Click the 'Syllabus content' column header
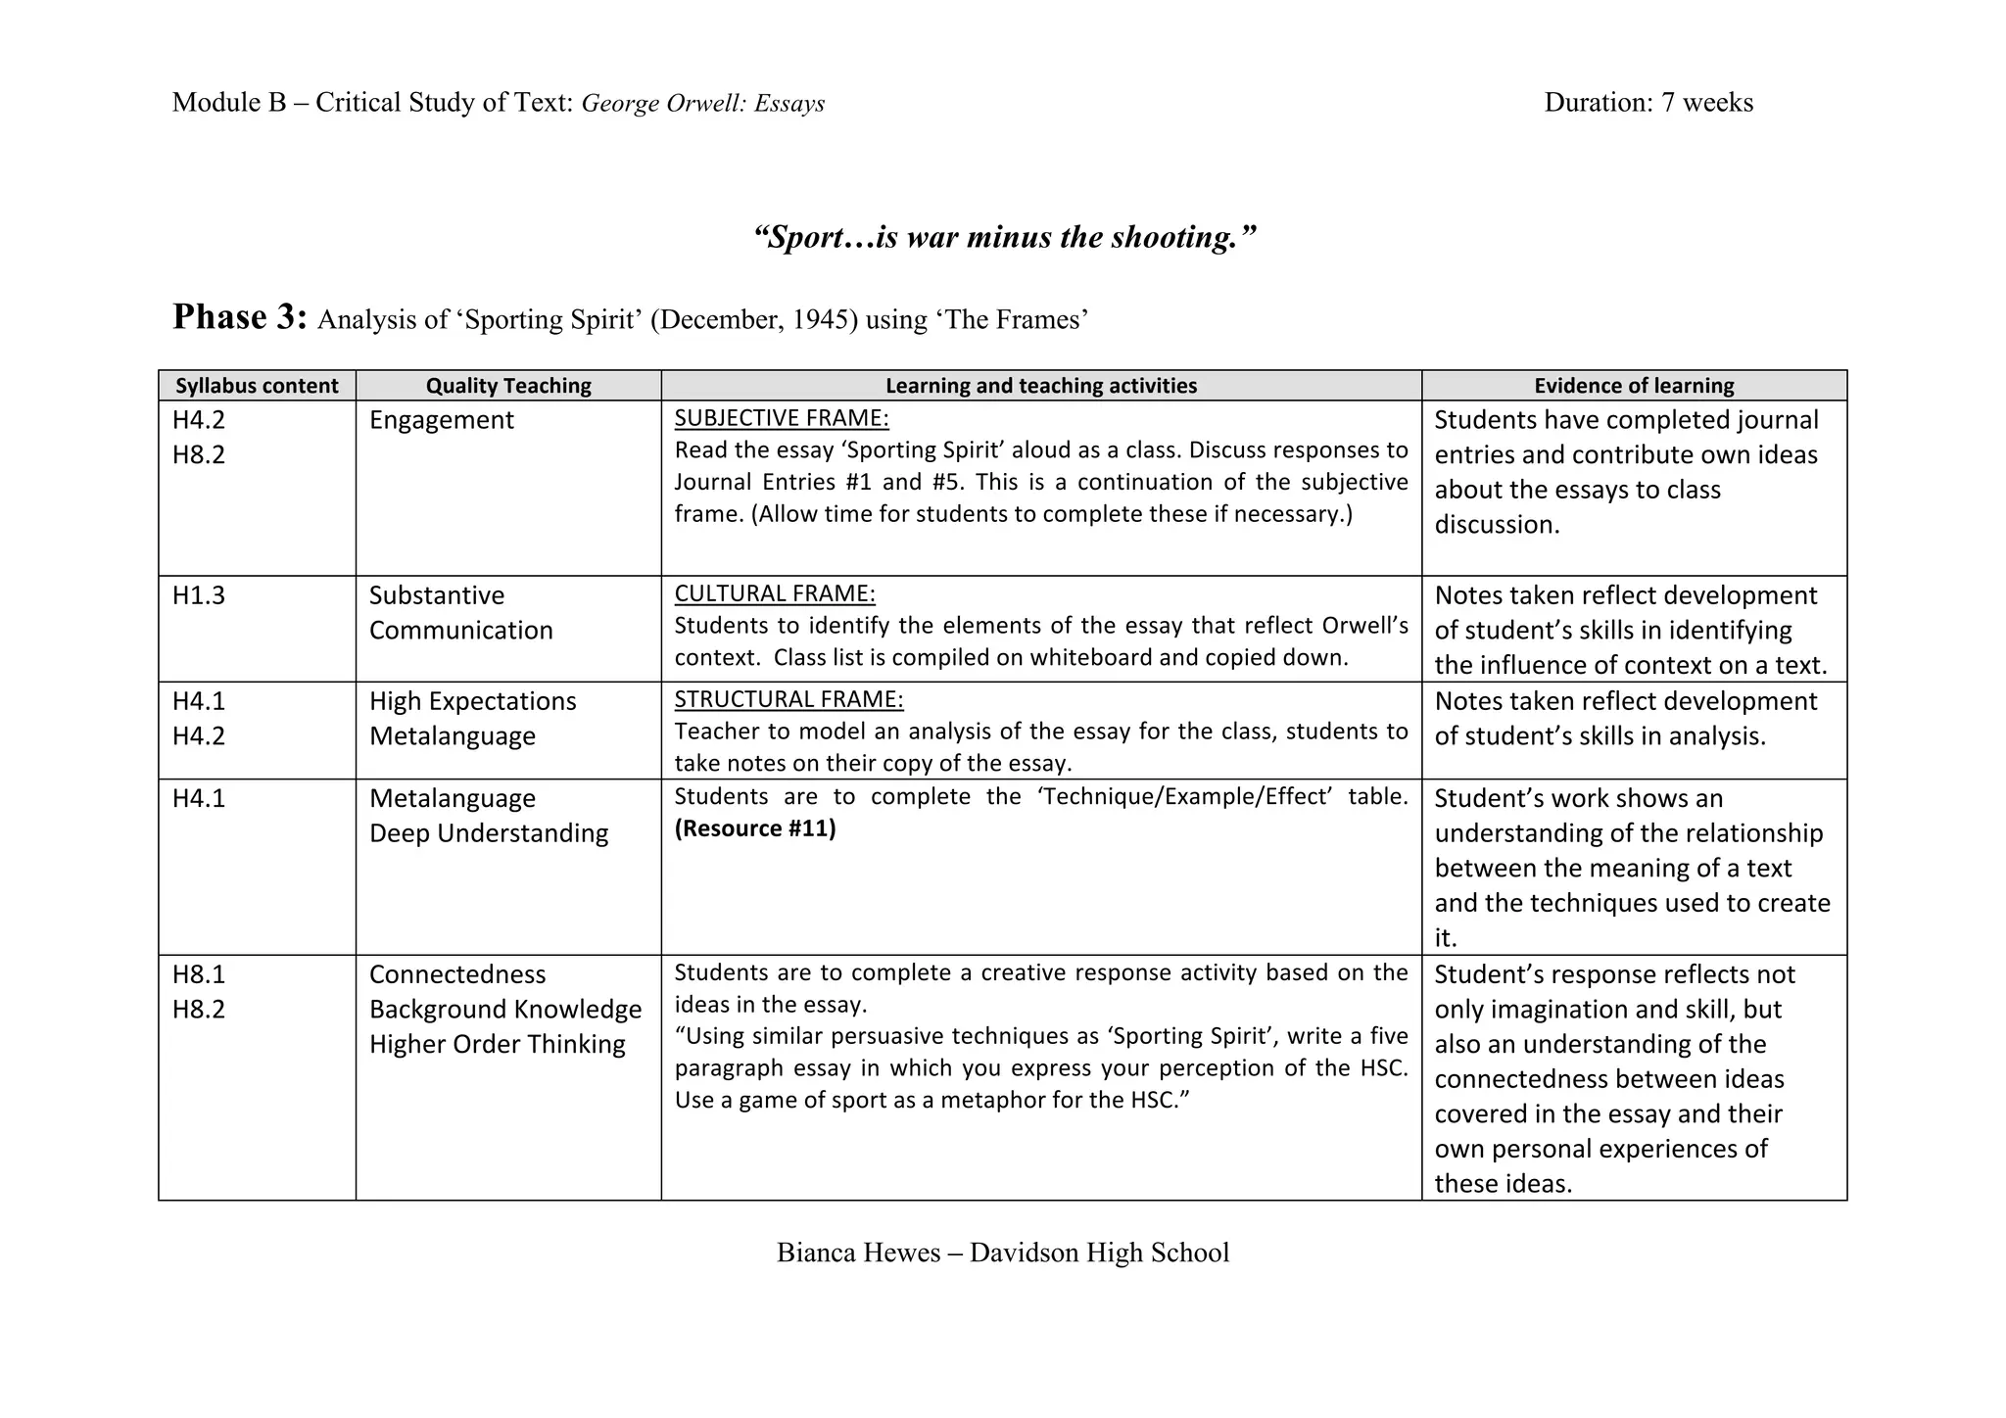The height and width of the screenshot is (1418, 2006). tap(257, 386)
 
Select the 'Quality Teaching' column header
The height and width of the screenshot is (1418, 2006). tap(508, 386)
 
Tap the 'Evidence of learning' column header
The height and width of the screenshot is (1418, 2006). tap(1634, 386)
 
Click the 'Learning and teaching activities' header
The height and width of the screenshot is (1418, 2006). tap(1041, 386)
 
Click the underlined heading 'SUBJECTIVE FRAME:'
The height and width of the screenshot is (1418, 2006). tap(782, 418)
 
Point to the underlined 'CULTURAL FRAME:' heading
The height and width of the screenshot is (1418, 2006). tap(775, 593)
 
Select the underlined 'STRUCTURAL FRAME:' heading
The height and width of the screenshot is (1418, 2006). tap(788, 699)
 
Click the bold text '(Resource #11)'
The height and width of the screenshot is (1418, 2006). tap(755, 828)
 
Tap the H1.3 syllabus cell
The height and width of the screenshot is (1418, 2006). tap(199, 595)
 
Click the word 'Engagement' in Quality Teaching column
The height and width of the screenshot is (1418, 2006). tap(441, 420)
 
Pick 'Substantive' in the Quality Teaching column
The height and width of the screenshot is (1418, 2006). tap(437, 595)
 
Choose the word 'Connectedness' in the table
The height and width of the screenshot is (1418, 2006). tap(457, 974)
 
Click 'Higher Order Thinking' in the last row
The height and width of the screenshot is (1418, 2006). tap(497, 1044)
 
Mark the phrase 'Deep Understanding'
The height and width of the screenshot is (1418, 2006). tap(489, 833)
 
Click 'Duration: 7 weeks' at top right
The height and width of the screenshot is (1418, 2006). tap(1648, 103)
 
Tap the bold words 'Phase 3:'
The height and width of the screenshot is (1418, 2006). tap(240, 317)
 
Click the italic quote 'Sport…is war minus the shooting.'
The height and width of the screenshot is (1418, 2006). tap(1004, 237)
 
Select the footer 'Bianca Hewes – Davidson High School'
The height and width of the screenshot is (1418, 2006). tap(1003, 1253)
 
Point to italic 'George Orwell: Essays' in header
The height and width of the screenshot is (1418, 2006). tap(703, 104)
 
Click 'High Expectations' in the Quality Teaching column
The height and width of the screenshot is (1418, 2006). tap(472, 701)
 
